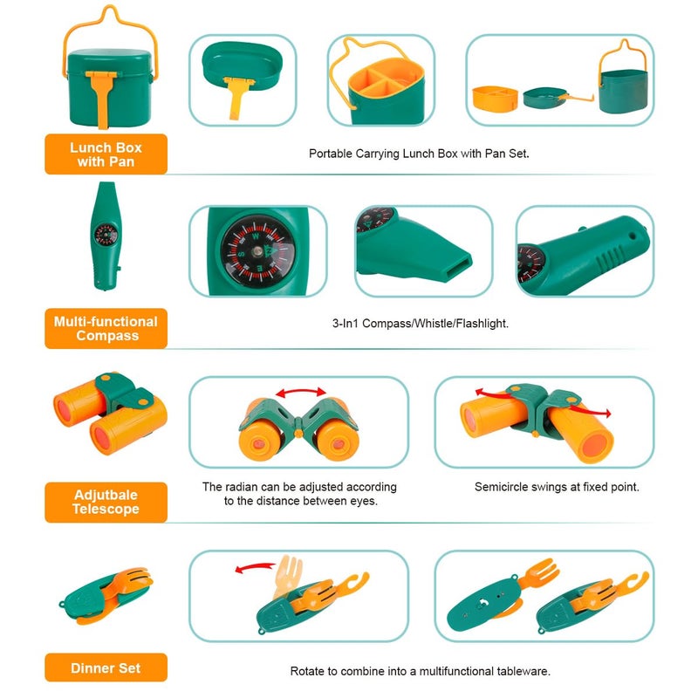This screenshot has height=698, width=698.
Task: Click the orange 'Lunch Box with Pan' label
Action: click(x=106, y=154)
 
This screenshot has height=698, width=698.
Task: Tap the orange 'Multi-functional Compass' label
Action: click(x=106, y=329)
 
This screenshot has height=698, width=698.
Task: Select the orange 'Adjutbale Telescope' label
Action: click(x=106, y=503)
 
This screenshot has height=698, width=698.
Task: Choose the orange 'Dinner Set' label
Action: click(x=106, y=667)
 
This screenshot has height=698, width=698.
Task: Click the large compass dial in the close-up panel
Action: click(x=257, y=251)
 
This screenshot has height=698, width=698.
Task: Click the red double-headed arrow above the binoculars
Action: click(x=301, y=392)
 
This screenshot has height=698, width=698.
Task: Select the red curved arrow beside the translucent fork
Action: click(x=255, y=568)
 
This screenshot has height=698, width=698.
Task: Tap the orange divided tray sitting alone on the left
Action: click(x=495, y=99)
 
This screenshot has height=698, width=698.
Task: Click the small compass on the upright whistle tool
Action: click(x=106, y=234)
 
